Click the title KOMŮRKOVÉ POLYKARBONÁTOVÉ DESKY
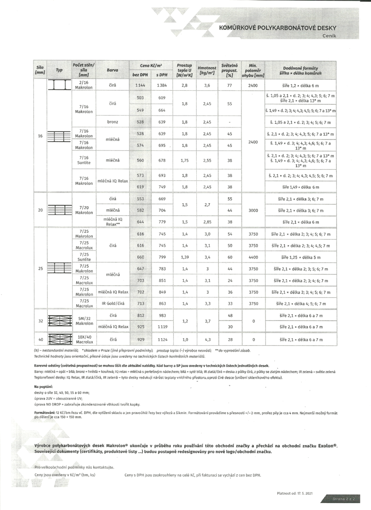(x=278, y=28)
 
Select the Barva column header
(x=112, y=70)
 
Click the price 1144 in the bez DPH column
(x=140, y=86)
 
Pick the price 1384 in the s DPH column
(x=161, y=86)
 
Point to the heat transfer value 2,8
(x=184, y=86)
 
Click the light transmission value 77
(x=230, y=86)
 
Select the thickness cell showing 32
(x=40, y=321)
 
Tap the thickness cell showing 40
(x=40, y=339)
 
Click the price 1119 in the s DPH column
(x=161, y=327)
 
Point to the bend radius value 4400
(x=253, y=257)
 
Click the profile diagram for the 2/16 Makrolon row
(x=59, y=85)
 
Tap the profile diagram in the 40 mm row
(x=59, y=339)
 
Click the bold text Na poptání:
(x=44, y=386)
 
